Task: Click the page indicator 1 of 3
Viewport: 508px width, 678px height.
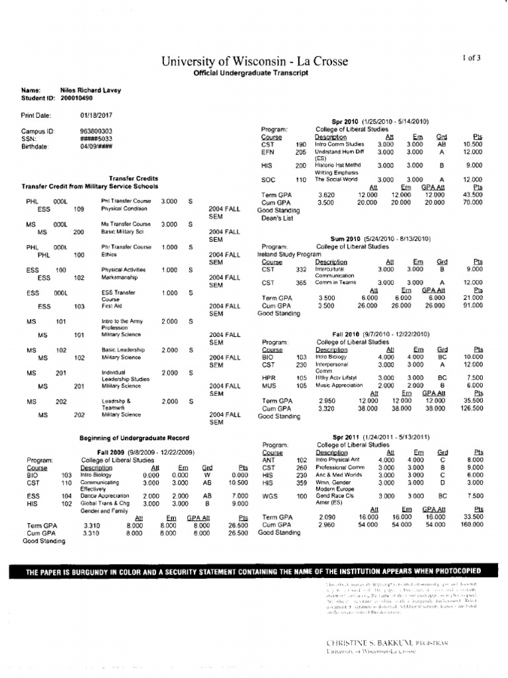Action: (x=472, y=58)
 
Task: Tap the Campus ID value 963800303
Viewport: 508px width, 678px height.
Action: (x=96, y=131)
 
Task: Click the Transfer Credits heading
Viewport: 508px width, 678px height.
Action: (x=130, y=179)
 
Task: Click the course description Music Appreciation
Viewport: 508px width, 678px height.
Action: (x=343, y=385)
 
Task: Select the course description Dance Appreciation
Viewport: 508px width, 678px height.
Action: (x=103, y=495)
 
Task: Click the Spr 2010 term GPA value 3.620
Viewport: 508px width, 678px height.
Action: (x=327, y=195)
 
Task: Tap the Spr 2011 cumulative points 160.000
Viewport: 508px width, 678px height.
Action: (x=472, y=524)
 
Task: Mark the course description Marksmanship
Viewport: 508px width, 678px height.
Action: (x=120, y=278)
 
